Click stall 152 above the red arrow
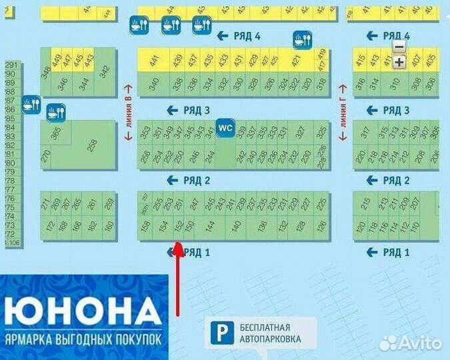(x=178, y=227)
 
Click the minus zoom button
(x=399, y=47)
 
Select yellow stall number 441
(x=154, y=61)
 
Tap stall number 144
(x=210, y=227)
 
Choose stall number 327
(x=301, y=133)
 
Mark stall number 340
(x=154, y=84)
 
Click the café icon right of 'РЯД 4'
(x=302, y=41)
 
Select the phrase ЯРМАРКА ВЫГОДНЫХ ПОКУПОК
(x=83, y=339)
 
